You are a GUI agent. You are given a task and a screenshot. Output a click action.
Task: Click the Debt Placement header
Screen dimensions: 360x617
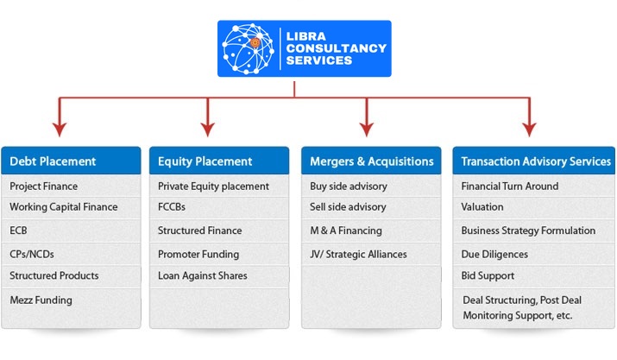pyautogui.click(x=53, y=161)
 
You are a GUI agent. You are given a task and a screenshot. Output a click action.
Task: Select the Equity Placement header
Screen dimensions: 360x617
pyautogui.click(x=205, y=161)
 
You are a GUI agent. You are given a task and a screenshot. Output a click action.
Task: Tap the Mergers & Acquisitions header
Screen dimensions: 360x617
pyautogui.click(x=371, y=161)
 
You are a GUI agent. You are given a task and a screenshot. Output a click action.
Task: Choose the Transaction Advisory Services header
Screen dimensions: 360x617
pyautogui.click(x=536, y=161)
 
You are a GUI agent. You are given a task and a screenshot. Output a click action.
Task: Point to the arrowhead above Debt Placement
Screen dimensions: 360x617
pyautogui.click(x=59, y=129)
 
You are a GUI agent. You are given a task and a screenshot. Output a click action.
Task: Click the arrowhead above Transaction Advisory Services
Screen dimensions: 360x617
pyautogui.click(x=528, y=129)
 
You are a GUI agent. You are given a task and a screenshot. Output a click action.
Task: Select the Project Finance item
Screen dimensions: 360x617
pyautogui.click(x=43, y=186)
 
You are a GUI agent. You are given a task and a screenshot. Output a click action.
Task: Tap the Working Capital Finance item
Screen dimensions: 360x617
pyautogui.click(x=64, y=207)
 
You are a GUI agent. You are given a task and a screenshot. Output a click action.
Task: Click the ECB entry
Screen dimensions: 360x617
pyautogui.click(x=20, y=231)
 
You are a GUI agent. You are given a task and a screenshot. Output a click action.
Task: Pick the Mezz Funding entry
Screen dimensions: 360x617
pyautogui.click(x=41, y=300)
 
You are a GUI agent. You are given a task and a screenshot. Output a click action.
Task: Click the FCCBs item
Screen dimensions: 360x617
pyautogui.click(x=172, y=207)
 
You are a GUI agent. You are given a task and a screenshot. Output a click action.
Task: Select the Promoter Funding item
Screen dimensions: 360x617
pyautogui.click(x=198, y=255)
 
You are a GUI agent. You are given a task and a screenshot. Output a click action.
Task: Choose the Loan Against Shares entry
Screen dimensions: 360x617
pyautogui.click(x=202, y=276)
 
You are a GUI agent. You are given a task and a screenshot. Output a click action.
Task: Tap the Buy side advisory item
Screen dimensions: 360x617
pyautogui.click(x=349, y=186)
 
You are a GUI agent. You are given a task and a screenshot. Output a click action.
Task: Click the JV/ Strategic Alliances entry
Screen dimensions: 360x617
pyautogui.click(x=358, y=255)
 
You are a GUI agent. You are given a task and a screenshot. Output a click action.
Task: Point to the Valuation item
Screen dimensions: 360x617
pyautogui.click(x=482, y=207)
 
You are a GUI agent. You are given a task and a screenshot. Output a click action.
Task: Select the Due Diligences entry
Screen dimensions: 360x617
pyautogui.click(x=494, y=255)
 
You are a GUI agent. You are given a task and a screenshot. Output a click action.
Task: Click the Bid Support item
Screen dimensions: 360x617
pyautogui.click(x=488, y=276)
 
